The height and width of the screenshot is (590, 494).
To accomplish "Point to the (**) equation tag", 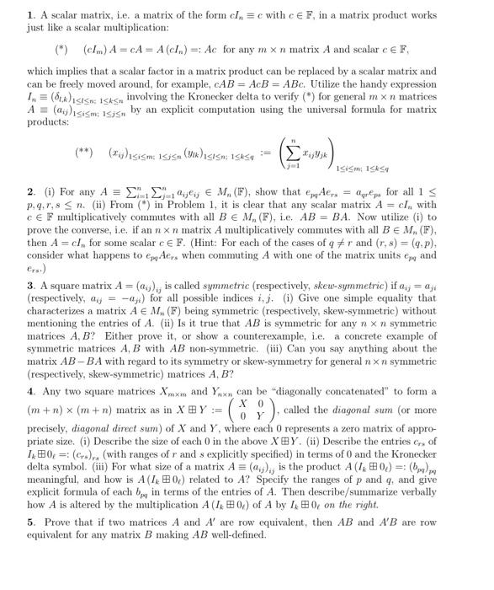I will point(82,153).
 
